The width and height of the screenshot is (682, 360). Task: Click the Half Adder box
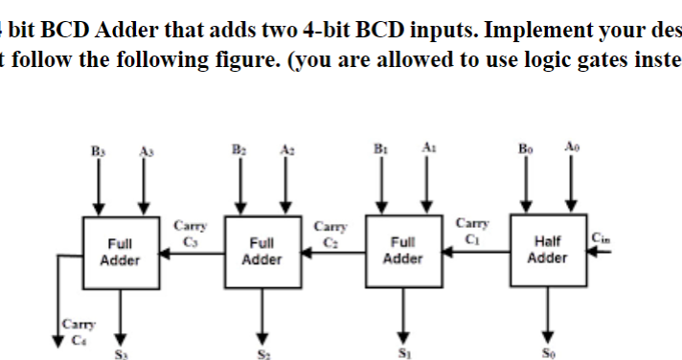[x=547, y=250]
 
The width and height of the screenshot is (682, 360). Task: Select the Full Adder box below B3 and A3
[x=120, y=252]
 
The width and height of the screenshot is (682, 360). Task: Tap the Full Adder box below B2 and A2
[x=261, y=252]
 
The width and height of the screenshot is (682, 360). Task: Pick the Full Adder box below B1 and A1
[x=403, y=252]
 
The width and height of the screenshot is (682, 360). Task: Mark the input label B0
[x=523, y=149]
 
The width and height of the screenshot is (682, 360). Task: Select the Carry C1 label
[x=471, y=230]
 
